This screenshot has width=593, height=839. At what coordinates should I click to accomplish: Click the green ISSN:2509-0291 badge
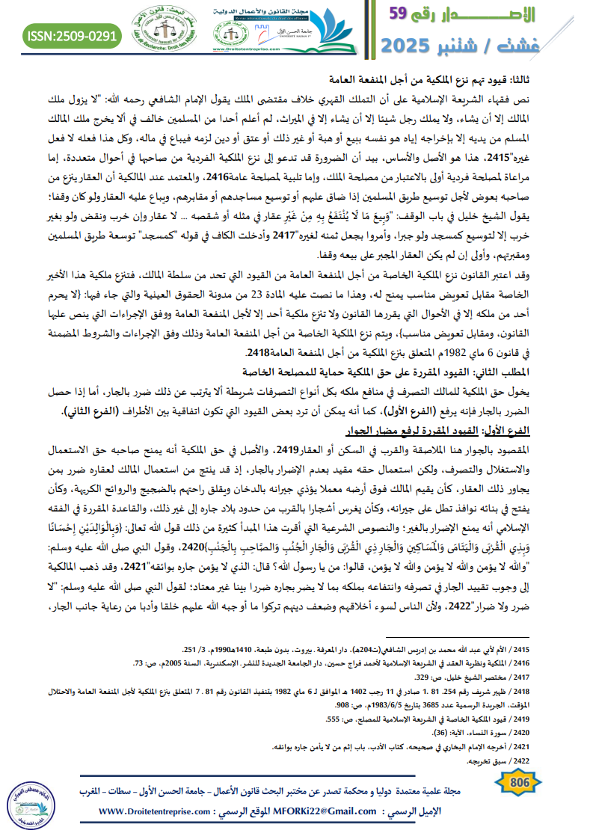(72, 35)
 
